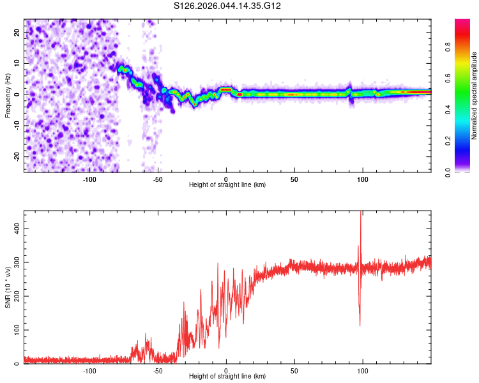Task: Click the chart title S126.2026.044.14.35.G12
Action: pos(228,6)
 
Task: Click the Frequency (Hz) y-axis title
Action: pos(8,95)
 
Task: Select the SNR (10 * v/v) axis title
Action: pos(8,287)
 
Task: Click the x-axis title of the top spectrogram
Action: pos(227,185)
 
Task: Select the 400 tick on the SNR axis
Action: pos(15,228)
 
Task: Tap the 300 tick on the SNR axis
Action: pos(15,262)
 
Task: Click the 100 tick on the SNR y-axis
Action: pos(15,330)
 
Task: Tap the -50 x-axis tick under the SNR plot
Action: pos(158,370)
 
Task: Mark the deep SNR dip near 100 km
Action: pos(360,324)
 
